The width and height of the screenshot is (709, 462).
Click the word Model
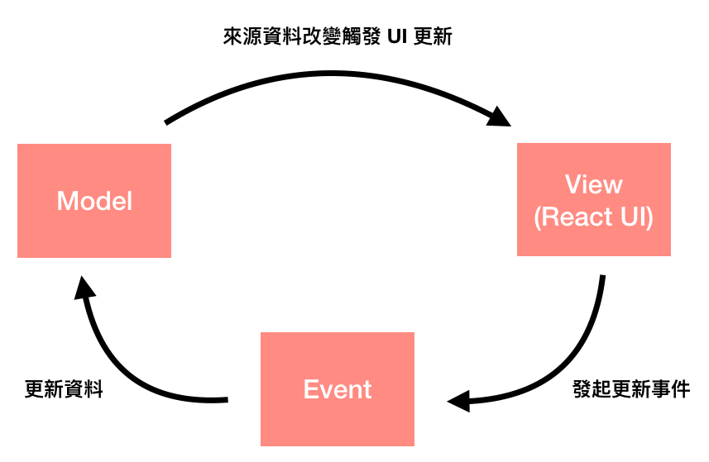[94, 201]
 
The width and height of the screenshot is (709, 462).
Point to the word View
[593, 183]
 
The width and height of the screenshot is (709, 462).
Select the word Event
[338, 389]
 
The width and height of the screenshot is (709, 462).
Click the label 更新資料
[64, 389]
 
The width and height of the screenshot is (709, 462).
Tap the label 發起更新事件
[630, 389]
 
